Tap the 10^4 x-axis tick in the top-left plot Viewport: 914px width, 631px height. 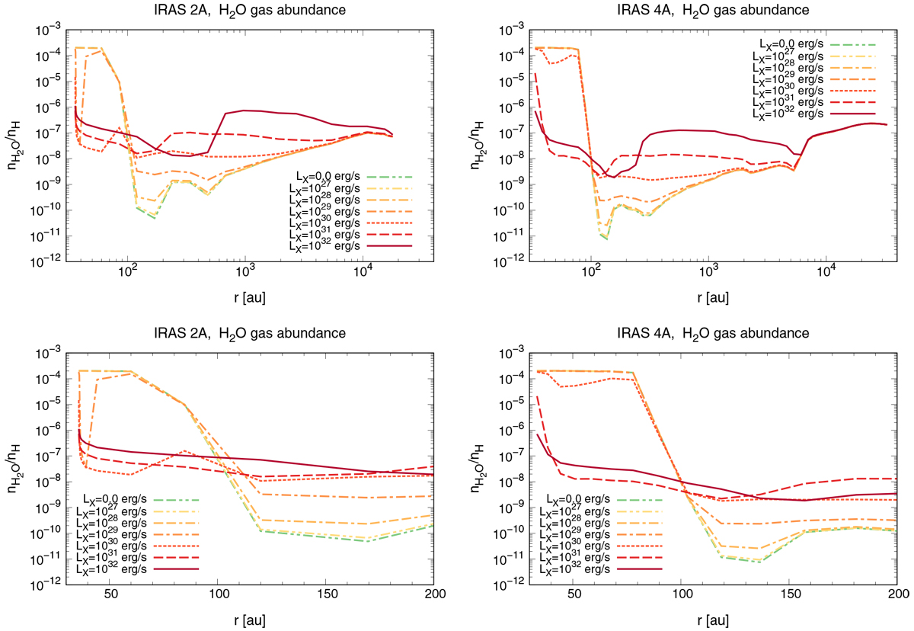pyautogui.click(x=363, y=272)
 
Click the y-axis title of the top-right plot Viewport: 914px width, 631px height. pyautogui.click(x=480, y=144)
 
